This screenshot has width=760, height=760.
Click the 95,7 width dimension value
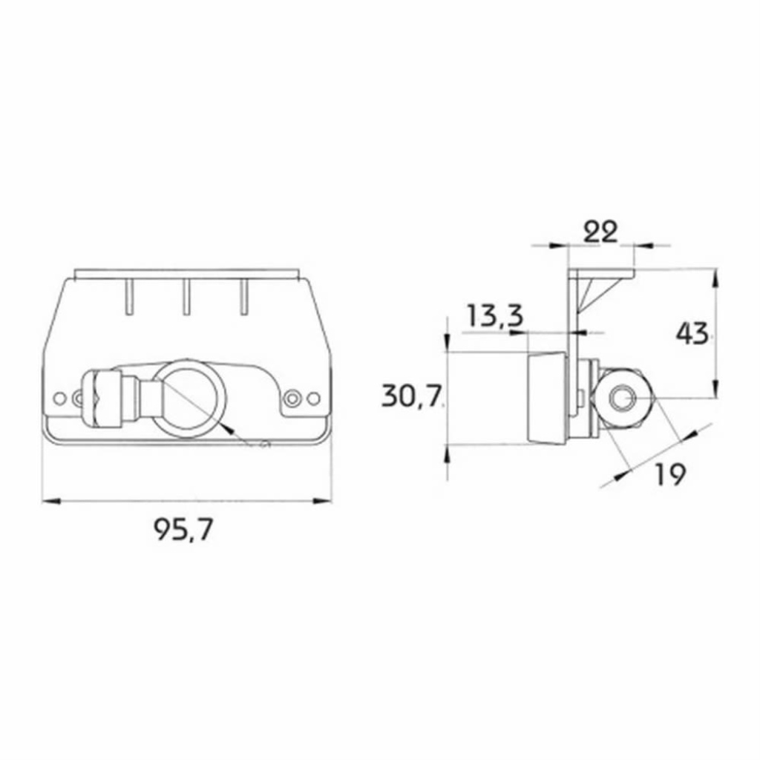pos(184,529)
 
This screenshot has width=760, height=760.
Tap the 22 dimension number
pos(600,232)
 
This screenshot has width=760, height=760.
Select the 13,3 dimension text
pos(495,315)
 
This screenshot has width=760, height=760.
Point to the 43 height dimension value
pos(692,333)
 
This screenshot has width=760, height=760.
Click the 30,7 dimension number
pos(412,395)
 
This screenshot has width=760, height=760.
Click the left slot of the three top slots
pos(128,297)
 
